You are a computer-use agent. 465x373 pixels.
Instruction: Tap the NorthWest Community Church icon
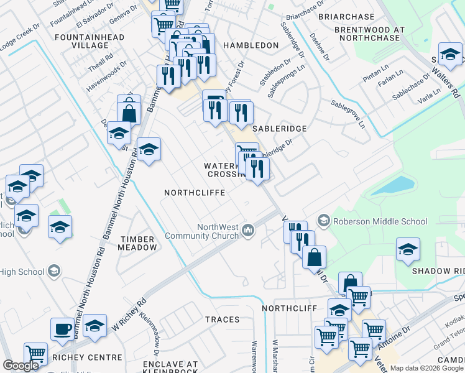(248, 231)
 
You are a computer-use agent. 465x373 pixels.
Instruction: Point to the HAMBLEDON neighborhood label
(251, 45)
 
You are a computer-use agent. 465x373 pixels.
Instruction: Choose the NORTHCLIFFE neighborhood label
(194, 193)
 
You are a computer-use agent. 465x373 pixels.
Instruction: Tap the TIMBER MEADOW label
(139, 243)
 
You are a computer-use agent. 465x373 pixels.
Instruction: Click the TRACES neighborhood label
(222, 320)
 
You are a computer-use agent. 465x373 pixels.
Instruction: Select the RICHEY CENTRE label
(86, 357)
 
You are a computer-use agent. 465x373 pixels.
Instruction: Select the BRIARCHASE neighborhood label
(346, 17)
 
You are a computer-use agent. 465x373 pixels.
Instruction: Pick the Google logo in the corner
(21, 366)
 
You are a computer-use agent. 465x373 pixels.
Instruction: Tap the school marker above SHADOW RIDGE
(408, 250)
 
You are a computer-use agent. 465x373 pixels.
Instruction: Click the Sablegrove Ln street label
(348, 114)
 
